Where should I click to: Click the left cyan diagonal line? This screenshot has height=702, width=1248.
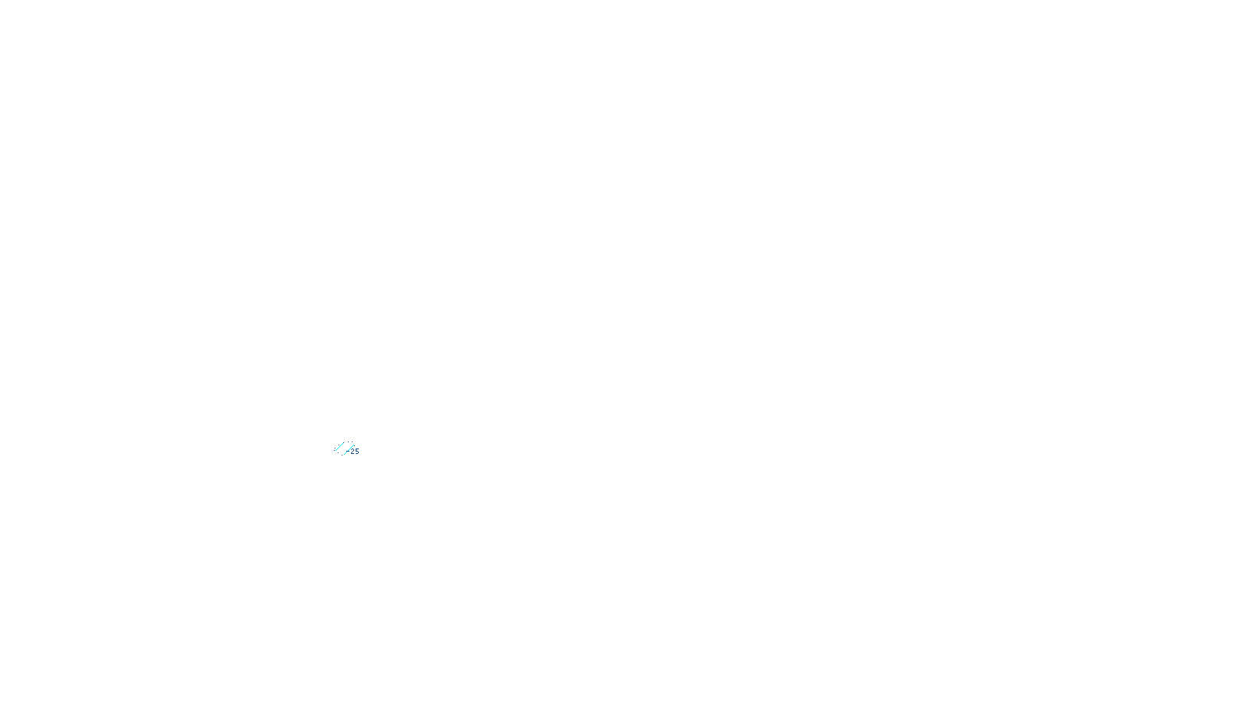coord(339,447)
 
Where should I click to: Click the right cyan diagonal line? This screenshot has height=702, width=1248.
coord(349,450)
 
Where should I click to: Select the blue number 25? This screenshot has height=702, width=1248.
coord(355,452)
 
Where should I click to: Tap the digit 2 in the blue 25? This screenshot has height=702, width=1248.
coord(353,452)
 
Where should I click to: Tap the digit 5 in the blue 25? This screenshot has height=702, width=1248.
coord(357,452)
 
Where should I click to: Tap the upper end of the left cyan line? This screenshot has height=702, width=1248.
coord(343,443)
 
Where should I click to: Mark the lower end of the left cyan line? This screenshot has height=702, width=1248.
coord(335,451)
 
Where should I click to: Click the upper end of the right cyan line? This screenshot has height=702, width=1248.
coord(353,445)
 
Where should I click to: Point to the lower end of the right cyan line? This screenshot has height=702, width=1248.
coord(344,455)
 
